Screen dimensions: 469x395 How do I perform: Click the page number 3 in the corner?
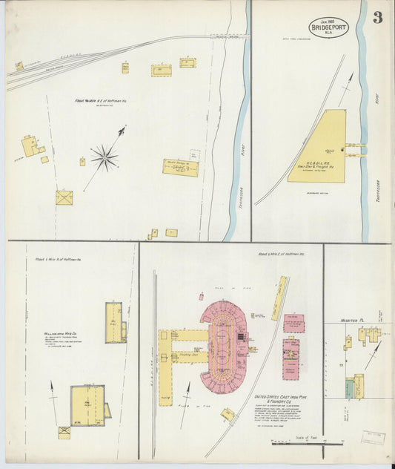pos(378,17)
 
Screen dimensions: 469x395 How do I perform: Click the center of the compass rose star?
pos(104,157)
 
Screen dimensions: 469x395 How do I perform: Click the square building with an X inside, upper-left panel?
pos(64,197)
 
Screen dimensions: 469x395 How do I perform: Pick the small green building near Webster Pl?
pos(349,388)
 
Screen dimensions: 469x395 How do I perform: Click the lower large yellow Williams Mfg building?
pos(87,405)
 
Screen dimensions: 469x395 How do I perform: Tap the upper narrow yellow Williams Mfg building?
pos(113,322)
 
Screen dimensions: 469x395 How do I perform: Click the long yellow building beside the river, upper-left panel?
pos(181,167)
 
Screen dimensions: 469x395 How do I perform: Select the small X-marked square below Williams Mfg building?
pos(64,432)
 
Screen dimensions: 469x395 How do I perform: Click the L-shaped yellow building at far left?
pos(30,145)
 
